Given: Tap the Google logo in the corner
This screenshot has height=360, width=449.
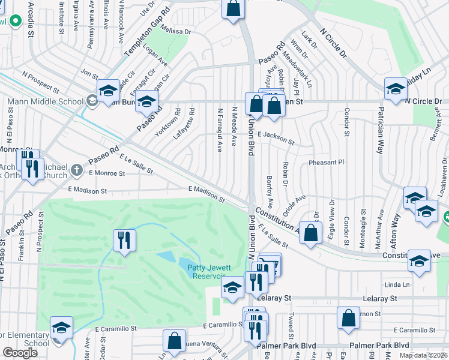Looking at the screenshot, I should (x=20, y=353).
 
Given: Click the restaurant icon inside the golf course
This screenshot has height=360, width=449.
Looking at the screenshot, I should (x=124, y=240).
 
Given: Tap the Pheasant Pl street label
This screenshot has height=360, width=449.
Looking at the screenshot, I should (x=325, y=162).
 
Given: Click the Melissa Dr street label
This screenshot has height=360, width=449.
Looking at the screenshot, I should (x=175, y=31).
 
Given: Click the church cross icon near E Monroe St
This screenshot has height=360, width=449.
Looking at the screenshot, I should (x=76, y=170).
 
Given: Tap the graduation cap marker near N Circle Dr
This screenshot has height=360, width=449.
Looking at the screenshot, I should (x=396, y=89).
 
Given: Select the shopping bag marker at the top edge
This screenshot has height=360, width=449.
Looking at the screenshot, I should (x=233, y=10).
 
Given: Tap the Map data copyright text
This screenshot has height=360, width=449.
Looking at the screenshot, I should (x=423, y=355).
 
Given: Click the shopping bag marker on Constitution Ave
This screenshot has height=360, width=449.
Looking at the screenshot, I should (x=310, y=234).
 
